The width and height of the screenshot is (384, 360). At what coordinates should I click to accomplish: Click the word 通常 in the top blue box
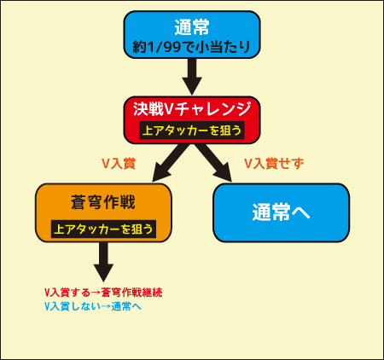(192, 27)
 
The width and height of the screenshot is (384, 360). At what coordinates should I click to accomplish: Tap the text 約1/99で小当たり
(191, 47)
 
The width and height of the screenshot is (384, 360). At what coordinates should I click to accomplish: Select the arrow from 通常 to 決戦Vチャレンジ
(192, 77)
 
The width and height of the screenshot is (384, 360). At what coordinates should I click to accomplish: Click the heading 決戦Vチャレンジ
(192, 109)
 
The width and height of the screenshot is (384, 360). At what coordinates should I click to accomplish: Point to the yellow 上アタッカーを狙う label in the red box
(192, 131)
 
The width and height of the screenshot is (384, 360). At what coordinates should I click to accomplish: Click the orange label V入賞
(119, 164)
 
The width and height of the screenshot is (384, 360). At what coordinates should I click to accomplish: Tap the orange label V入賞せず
(274, 164)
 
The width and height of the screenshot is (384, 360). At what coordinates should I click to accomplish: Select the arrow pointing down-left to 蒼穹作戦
(170, 163)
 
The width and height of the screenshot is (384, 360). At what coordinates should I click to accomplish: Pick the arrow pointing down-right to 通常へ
(214, 163)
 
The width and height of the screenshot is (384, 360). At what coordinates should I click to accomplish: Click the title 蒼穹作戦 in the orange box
(103, 202)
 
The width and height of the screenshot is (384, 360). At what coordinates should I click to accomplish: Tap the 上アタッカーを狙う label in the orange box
(103, 229)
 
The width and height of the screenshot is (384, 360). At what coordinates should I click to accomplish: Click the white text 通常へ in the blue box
(281, 212)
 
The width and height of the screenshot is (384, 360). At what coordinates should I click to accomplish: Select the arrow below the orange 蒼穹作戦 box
(103, 262)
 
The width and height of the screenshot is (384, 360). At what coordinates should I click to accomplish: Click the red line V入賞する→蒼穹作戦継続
(103, 293)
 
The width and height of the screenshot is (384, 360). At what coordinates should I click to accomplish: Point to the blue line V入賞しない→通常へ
(93, 306)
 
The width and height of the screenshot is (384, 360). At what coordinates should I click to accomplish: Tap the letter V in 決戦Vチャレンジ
(169, 109)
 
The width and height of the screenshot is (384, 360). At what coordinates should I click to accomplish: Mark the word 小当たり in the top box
(223, 47)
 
